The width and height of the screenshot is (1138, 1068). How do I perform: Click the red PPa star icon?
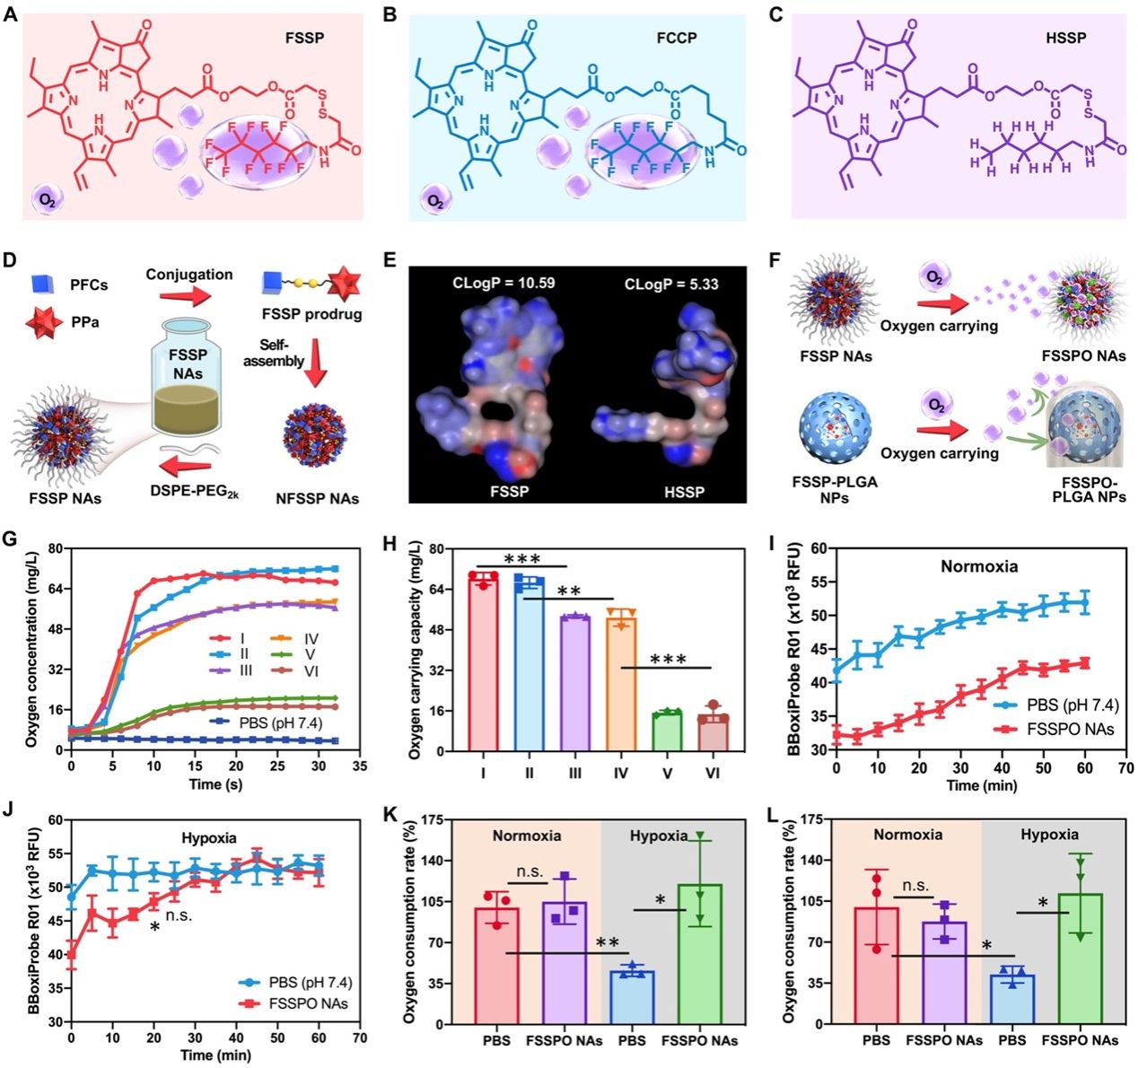[39, 320]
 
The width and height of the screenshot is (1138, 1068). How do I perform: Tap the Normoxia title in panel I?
[979, 567]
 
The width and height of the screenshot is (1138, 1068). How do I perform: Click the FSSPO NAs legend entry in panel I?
[1060, 728]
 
